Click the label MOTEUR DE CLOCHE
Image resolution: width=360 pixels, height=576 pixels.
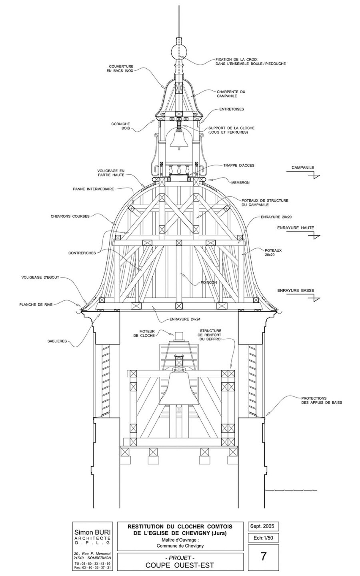pos(144,334)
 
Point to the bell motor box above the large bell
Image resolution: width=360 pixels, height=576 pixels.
pos(179,336)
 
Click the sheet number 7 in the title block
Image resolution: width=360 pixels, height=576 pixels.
pos(263,556)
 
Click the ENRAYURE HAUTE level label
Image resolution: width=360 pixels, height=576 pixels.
pos(296,228)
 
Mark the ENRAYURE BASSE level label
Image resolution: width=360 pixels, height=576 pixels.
pos(296,290)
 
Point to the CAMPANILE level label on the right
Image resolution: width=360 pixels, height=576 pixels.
pos(303,168)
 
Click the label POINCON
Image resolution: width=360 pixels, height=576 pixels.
pos(209,282)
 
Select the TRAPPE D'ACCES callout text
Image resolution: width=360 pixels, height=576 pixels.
pos(239,165)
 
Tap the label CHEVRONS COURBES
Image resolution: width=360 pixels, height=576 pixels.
pos(70,216)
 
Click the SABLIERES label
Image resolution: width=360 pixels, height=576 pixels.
pos(57,341)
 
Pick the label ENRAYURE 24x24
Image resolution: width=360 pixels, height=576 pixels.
pos(185,319)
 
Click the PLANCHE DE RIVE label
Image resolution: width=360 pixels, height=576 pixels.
pos(36,305)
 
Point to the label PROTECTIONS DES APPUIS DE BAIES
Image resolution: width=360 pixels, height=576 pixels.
pos(322,400)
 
